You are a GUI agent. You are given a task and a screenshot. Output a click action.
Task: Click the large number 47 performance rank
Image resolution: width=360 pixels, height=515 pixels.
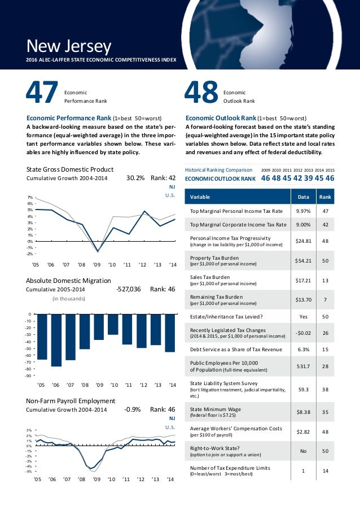pos(42,94)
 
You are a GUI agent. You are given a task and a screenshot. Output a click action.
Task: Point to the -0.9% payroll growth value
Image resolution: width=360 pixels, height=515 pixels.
pos(132,409)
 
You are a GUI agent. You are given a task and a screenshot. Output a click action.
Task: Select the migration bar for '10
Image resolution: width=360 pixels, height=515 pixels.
pos(113,324)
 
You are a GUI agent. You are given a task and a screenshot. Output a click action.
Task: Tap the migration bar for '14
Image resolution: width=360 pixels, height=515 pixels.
pos(170,333)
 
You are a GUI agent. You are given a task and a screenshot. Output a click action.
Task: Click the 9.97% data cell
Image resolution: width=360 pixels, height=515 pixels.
pos(299,211)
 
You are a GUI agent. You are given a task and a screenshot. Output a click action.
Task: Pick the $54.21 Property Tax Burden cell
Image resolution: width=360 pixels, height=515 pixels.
pos(299,260)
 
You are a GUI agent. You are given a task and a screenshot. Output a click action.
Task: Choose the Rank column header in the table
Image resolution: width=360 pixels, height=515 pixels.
pos(325,197)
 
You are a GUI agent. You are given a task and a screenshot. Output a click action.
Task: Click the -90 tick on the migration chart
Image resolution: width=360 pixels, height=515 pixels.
pos(29,374)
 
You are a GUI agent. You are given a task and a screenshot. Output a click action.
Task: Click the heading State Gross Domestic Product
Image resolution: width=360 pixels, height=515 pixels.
pos(70,169)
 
